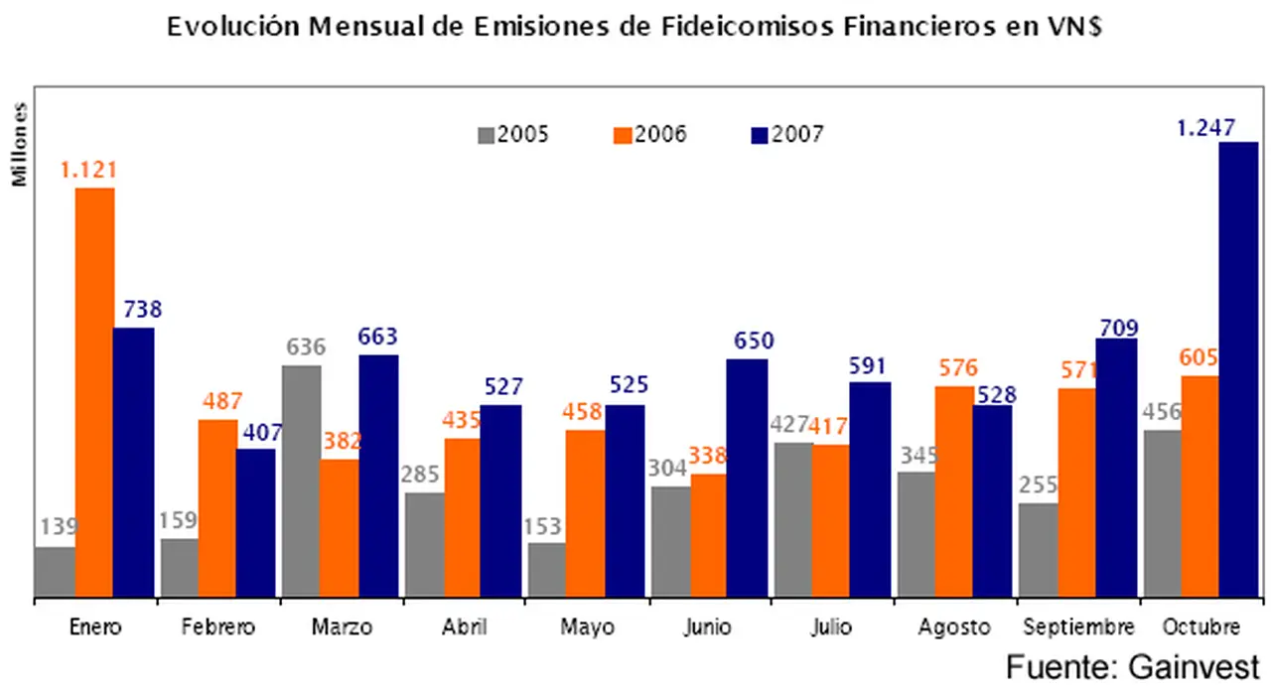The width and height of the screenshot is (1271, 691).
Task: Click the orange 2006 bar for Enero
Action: (x=95, y=392)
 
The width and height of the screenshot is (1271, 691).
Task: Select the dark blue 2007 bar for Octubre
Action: (x=1238, y=369)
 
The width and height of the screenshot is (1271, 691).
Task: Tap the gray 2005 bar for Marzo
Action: (x=302, y=482)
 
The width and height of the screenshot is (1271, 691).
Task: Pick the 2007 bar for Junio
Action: (x=747, y=478)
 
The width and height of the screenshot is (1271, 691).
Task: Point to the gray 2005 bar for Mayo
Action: (x=547, y=570)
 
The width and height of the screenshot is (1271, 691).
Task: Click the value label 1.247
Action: (x=1205, y=127)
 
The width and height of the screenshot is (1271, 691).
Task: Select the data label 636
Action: (x=306, y=347)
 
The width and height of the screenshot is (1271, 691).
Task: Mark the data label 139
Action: (x=59, y=526)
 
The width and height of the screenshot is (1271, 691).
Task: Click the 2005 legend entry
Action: (x=513, y=135)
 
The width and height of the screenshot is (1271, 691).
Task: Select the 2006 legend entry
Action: (x=650, y=135)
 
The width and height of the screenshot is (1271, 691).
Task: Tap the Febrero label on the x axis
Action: (x=218, y=627)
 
